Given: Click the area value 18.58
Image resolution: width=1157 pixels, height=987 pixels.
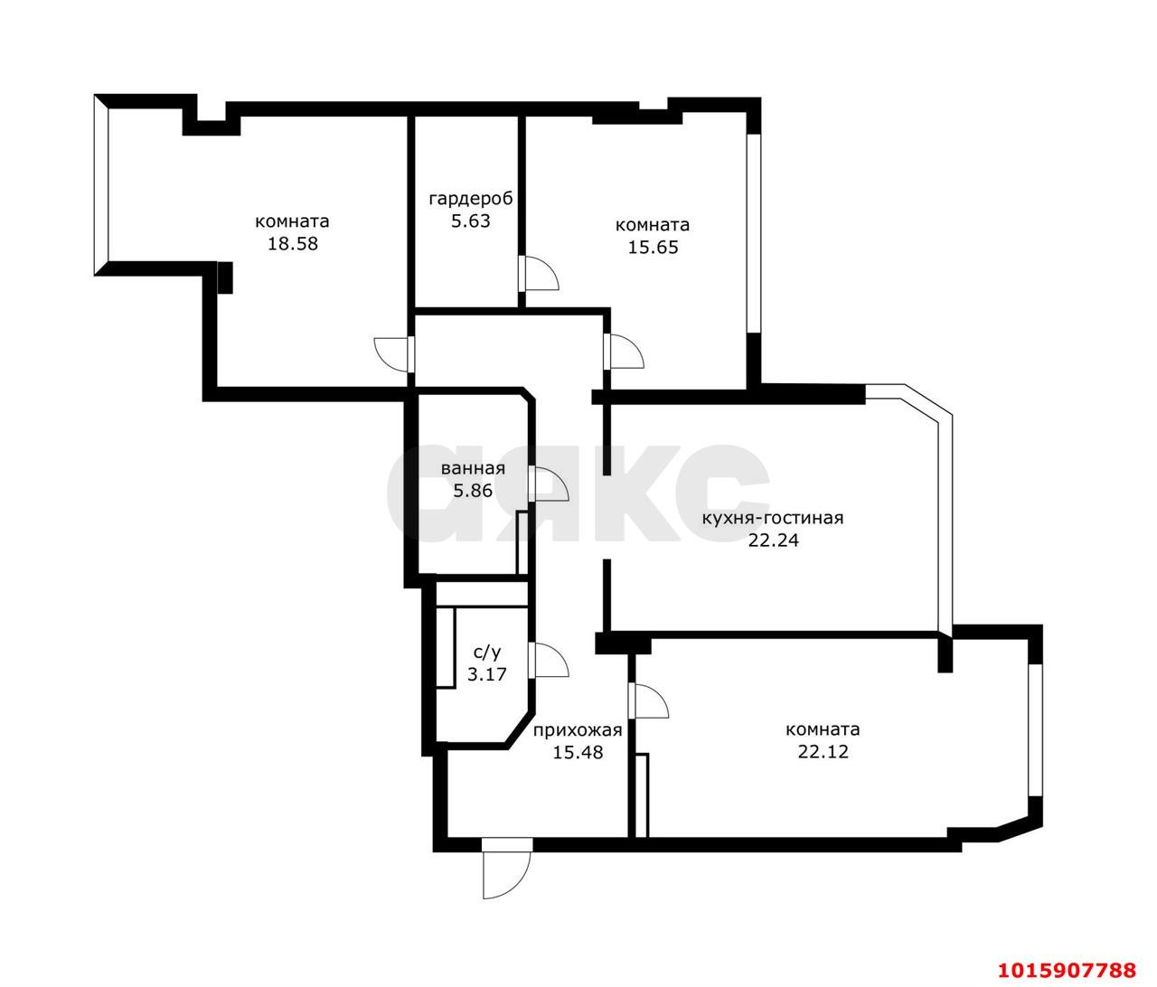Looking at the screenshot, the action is click(x=293, y=244).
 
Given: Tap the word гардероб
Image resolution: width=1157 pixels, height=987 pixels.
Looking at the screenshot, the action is click(x=471, y=199).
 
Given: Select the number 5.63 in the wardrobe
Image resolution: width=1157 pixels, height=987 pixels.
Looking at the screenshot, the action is click(x=471, y=221).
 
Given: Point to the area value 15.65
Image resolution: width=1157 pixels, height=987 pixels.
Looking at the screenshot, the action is click(x=653, y=248).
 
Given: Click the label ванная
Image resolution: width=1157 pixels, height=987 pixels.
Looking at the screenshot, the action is click(x=473, y=468).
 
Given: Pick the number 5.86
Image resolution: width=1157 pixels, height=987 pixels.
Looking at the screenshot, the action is click(x=473, y=491).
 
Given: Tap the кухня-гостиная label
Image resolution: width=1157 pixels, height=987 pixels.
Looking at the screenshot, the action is click(x=773, y=518).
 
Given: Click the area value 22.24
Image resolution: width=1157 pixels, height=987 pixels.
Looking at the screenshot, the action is click(x=774, y=540).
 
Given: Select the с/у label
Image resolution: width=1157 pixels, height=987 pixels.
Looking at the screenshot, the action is click(x=487, y=653).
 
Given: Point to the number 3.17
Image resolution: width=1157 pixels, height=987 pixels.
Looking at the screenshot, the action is click(x=487, y=674).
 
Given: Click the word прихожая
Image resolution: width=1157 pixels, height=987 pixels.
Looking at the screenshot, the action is click(x=578, y=730).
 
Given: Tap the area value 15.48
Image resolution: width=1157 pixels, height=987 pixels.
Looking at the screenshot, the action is click(x=578, y=752).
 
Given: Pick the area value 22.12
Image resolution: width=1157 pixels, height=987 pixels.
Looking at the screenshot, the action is click(x=823, y=751).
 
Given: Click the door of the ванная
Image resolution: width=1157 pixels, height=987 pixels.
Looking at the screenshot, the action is click(x=548, y=484).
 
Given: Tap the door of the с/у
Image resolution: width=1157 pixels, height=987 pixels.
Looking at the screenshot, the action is click(x=548, y=660).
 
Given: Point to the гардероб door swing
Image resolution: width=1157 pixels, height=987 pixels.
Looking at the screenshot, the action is click(x=538, y=274).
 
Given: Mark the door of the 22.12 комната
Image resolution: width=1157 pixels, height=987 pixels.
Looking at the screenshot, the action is click(x=649, y=700).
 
